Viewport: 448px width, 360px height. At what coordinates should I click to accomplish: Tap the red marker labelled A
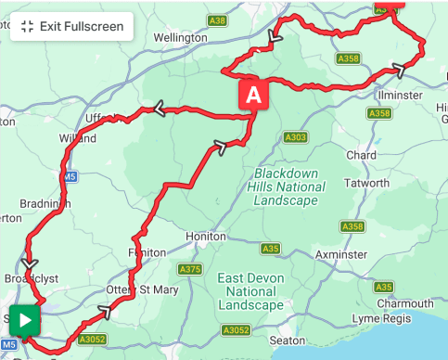pos(254,95)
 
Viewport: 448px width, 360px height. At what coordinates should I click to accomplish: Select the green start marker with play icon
pos(25,320)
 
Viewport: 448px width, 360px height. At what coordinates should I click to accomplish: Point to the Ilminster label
pos(401,95)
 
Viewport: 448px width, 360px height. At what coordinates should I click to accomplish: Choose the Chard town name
pos(362,155)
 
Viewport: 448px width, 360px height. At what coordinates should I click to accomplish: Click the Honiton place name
pos(205,237)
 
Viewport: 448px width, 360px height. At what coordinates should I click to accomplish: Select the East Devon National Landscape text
pos(250,291)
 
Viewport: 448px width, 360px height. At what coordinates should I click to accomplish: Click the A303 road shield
pos(295,137)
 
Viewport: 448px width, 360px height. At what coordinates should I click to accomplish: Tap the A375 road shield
pos(189,270)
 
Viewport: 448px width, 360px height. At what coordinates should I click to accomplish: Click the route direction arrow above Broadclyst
pos(30,264)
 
